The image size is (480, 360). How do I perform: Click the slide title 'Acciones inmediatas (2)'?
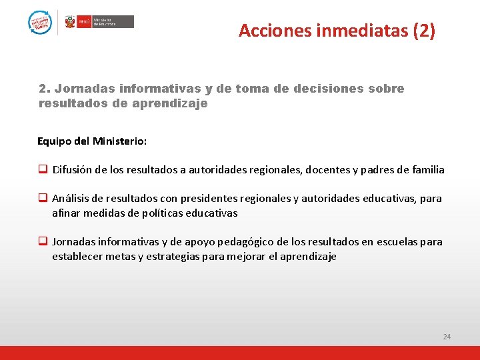(337, 31)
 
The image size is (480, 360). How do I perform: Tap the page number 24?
(447, 337)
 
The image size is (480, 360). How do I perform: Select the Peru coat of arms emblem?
(70, 22)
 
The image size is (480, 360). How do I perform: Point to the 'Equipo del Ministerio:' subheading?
(92, 141)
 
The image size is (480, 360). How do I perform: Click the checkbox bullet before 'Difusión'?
(42, 169)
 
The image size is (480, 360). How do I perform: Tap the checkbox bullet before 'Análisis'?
(42, 199)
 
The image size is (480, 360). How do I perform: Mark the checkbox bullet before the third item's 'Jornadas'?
(42, 242)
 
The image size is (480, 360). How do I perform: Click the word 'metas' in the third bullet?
(118, 257)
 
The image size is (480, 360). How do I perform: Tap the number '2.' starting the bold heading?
(45, 89)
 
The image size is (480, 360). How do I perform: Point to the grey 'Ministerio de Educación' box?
(113, 21)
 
